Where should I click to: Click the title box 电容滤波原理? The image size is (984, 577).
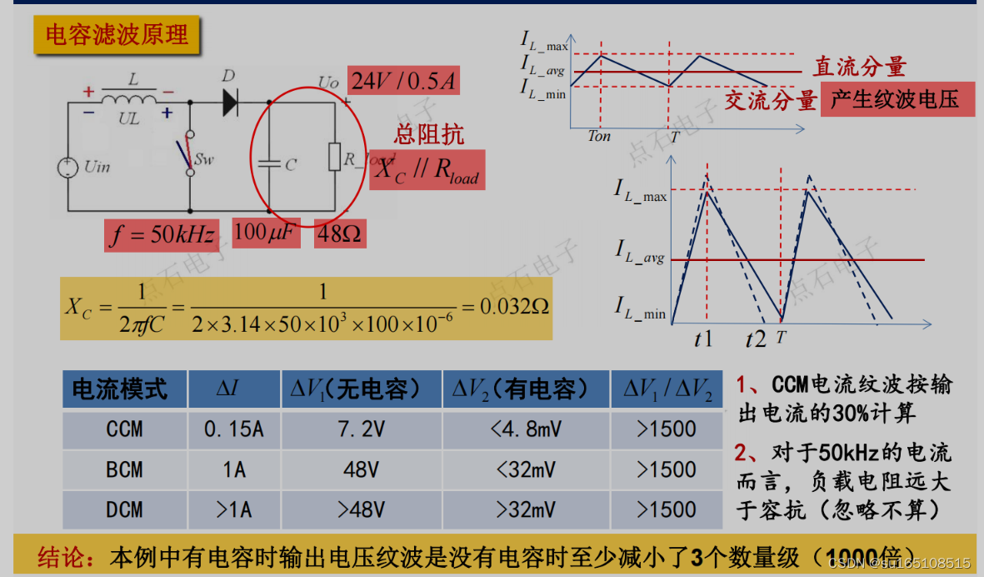117,35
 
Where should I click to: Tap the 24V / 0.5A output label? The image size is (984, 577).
404,82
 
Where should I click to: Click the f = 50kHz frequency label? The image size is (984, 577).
162,235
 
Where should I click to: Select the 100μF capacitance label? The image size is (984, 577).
264,233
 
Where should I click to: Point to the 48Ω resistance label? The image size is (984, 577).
340,235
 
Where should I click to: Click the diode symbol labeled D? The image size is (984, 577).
231,102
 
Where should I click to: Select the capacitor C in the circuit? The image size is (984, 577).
269,164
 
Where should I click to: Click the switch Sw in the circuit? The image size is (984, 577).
191,153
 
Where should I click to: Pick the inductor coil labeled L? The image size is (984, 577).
129,99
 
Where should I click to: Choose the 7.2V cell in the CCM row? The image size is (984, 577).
361,429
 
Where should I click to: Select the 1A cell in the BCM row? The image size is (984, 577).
234,469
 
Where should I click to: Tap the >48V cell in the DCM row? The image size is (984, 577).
361,509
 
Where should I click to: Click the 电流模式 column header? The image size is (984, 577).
120,389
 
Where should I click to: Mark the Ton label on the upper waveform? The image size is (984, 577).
599,137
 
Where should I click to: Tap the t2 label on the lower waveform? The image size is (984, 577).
756,339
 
